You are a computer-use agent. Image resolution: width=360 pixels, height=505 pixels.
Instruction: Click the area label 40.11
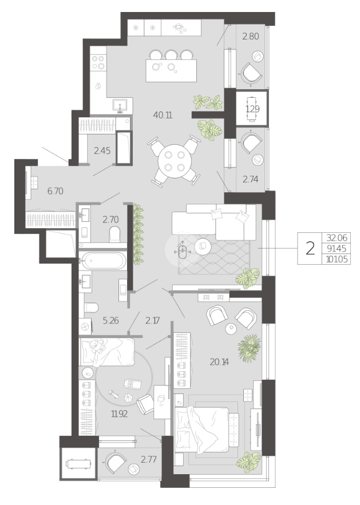(x=163, y=115)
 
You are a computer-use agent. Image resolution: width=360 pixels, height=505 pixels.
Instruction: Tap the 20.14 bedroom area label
(x=219, y=362)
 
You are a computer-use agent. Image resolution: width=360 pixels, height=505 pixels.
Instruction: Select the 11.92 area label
(x=119, y=414)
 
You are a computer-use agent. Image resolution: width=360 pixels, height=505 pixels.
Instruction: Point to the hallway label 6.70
(x=55, y=191)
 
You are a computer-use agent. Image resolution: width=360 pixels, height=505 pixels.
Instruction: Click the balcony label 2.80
(x=251, y=36)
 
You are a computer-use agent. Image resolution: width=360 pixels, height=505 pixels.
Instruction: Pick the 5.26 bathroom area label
(x=110, y=320)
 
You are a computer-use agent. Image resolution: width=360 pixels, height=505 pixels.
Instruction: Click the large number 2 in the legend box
(x=310, y=249)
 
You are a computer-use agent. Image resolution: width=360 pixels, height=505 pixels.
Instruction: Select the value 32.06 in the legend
(x=337, y=238)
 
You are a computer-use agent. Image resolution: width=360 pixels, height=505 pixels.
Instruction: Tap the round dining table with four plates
(x=175, y=161)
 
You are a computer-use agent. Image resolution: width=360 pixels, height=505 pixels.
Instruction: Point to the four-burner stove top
(x=98, y=62)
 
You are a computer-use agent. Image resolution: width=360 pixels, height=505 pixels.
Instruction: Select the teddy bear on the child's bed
(x=97, y=346)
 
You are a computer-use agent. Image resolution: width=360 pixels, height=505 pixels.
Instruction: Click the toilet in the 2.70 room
(x=114, y=234)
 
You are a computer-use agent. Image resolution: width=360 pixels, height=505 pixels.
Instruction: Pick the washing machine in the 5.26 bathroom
(x=85, y=327)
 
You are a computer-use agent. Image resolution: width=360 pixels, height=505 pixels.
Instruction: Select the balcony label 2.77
(x=149, y=459)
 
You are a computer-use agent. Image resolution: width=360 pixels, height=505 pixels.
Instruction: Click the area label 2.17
(x=152, y=320)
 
